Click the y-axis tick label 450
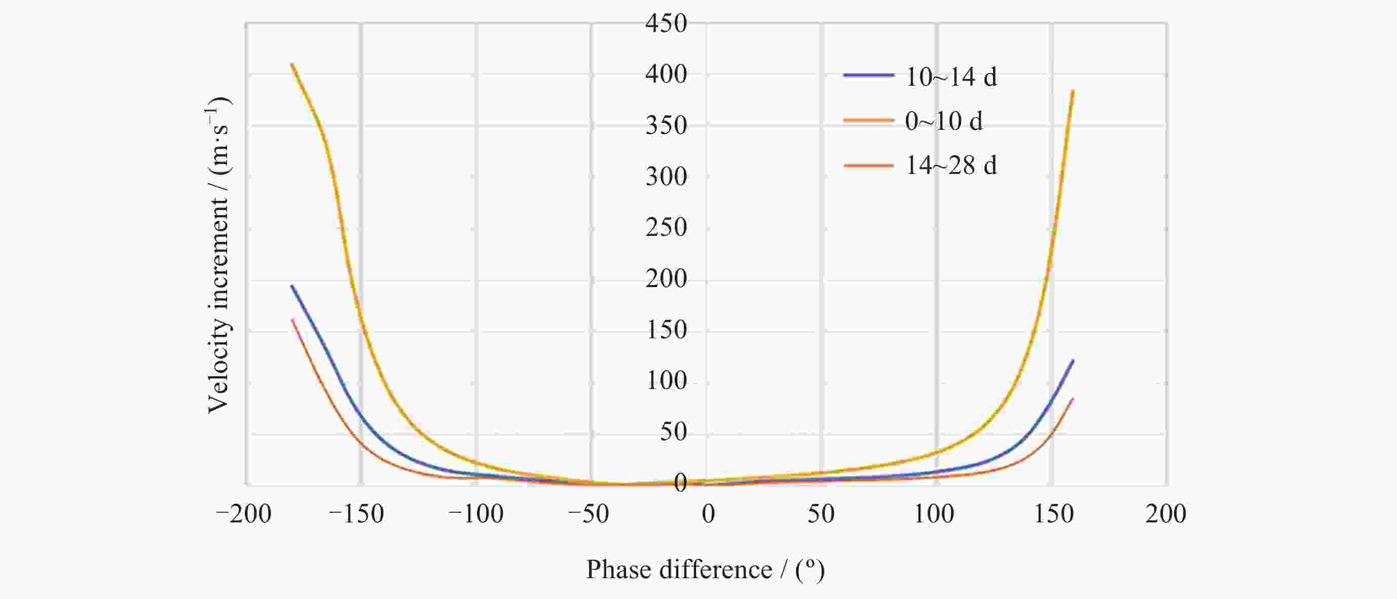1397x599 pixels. pos(666,24)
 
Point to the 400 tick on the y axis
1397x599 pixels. pos(666,75)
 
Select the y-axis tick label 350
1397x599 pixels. pos(666,125)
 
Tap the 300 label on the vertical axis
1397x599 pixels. pos(666,177)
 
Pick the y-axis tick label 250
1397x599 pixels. pos(666,227)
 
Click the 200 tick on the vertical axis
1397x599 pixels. pos(666,279)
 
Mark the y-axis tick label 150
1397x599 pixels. pos(666,330)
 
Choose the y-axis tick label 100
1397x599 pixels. pos(666,381)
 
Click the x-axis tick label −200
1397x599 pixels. pos(243,514)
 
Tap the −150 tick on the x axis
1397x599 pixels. pos(356,514)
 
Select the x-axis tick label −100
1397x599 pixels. pos(475,514)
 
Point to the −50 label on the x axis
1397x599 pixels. pos(589,514)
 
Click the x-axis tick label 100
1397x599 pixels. pos(934,514)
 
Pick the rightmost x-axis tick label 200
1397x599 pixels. pos(1165,514)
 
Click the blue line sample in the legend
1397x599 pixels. pos(868,76)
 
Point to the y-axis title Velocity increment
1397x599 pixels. pos(218,255)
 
